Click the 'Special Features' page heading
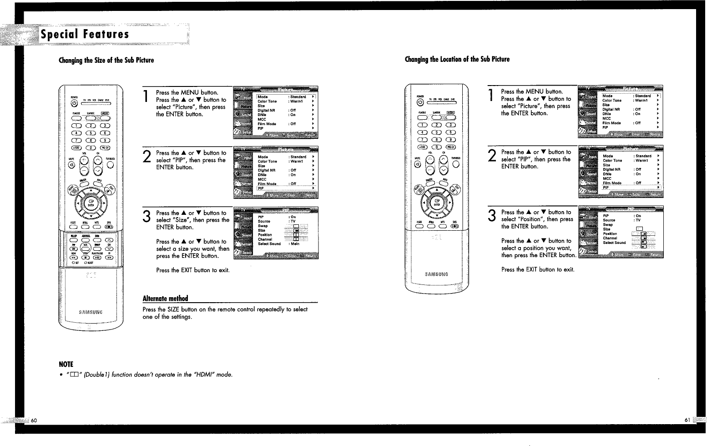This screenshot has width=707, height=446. (85, 35)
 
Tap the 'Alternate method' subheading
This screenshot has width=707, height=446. (165, 299)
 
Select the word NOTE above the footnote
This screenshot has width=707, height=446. (66, 364)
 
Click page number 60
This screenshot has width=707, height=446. (34, 420)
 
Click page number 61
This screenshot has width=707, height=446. (687, 420)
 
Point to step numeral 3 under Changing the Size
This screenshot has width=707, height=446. (146, 217)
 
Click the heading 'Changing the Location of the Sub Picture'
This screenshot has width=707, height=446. (457, 59)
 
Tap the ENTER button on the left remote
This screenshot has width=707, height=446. (91, 203)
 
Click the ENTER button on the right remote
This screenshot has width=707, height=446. (436, 203)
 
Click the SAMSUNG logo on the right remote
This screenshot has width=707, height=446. (436, 274)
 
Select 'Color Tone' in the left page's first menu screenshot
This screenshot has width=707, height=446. (267, 101)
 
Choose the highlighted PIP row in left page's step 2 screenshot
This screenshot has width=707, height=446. (261, 188)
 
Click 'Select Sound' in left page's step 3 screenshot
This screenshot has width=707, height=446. (269, 244)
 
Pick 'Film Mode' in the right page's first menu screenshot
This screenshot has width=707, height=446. (611, 123)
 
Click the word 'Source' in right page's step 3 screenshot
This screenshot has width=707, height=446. (609, 220)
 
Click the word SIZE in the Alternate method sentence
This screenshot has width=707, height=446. (173, 309)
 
